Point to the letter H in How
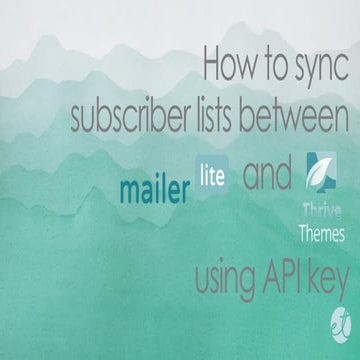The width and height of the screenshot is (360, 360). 212,64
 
